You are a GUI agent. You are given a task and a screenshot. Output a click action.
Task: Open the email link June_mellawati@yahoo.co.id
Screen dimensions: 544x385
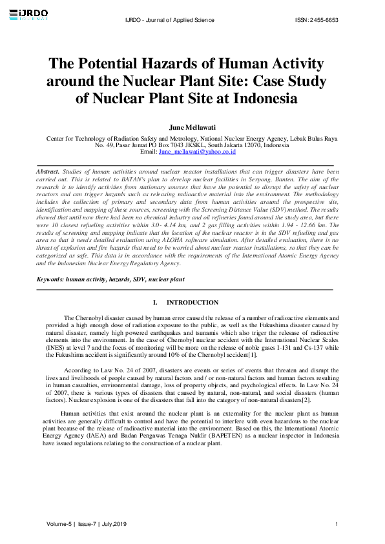[x=197, y=152]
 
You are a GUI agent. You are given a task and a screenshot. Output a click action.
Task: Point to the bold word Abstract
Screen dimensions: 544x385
[x=48, y=172]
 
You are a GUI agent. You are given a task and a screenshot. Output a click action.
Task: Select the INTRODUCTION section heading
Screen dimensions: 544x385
[x=192, y=303]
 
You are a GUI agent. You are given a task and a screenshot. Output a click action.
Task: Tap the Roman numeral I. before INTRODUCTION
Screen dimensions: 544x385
[x=155, y=303]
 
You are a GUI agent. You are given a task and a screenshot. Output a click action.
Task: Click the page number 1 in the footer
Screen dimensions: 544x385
[x=337, y=523]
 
